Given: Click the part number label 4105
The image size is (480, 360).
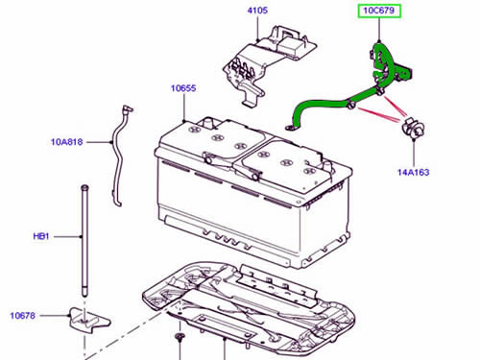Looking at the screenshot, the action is [257, 11].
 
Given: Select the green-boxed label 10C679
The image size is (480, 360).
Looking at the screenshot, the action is [379, 11].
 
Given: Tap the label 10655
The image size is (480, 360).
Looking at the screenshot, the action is [183, 88].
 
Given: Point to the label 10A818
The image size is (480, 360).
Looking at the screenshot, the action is [67, 142].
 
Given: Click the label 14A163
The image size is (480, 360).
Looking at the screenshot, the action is [413, 173].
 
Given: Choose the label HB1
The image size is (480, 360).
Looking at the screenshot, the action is [41, 236].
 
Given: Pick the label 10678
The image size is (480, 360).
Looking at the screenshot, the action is [23, 316].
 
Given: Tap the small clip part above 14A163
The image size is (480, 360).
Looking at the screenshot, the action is [413, 128].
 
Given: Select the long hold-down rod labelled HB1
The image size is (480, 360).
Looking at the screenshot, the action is [84, 241].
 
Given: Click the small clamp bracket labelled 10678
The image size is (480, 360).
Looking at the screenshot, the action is [89, 321].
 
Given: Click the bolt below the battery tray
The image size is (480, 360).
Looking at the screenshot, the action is [180, 340].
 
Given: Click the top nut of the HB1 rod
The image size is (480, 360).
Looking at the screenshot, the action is [84, 187].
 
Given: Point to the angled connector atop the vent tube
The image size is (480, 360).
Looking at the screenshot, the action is [129, 109].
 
